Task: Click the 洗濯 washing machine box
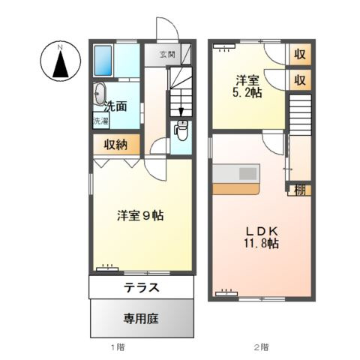tap(100, 121)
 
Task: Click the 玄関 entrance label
tap(167, 54)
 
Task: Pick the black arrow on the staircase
tap(181, 111)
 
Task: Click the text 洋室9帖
tap(139, 216)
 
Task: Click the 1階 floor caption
tap(118, 346)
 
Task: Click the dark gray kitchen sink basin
tap(247, 174)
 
